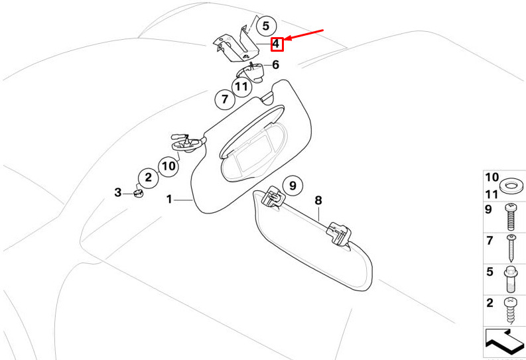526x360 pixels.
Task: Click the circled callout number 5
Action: coord(266,26)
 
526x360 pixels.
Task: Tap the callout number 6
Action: coord(275,65)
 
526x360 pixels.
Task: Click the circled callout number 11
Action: coord(241,87)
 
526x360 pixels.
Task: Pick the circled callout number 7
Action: coord(225,99)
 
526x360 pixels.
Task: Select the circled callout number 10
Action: coord(168,166)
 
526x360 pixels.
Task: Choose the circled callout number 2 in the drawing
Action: coord(149,177)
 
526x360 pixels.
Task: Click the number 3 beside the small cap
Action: coord(118,192)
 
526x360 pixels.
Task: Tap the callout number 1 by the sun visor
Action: coord(169,200)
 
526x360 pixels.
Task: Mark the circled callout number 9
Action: coord(293,186)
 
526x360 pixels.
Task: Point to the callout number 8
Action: coord(318,200)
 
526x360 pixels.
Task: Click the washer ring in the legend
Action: coord(511,185)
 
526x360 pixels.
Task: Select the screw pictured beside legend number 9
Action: coord(511,217)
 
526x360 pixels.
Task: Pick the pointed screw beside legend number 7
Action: coord(511,248)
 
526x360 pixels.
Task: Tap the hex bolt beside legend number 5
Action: coord(510,279)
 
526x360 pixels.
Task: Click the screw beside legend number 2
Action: coord(510,310)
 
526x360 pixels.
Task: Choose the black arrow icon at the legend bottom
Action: coord(504,342)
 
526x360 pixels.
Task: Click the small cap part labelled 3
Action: coord(138,194)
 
